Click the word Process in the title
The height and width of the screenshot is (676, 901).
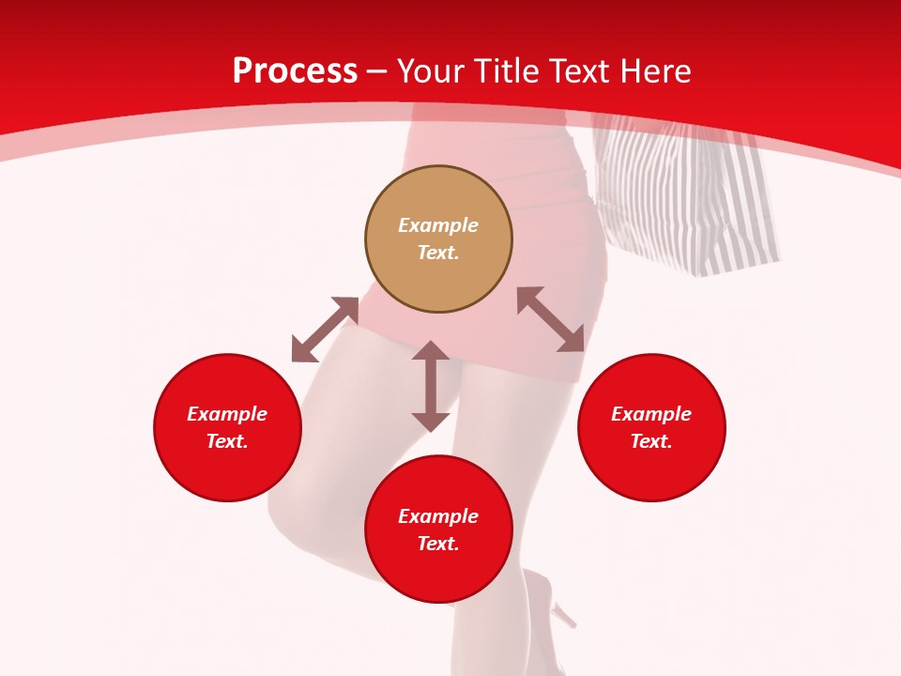(x=295, y=71)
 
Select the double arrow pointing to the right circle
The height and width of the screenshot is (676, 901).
(x=551, y=319)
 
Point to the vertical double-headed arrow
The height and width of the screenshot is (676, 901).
(x=431, y=386)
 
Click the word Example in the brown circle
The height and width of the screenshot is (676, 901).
(x=438, y=225)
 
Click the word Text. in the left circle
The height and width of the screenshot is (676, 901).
(x=227, y=441)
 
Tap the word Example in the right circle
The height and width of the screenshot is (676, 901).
(x=651, y=414)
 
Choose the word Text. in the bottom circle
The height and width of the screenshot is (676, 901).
(x=438, y=544)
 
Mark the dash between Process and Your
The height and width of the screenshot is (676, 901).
(x=377, y=72)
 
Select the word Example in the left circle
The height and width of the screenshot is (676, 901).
(x=227, y=414)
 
